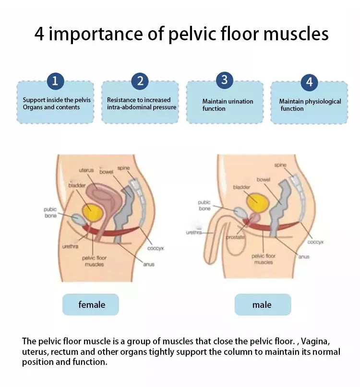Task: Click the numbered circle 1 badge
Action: (x=55, y=81)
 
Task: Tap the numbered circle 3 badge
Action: (x=224, y=80)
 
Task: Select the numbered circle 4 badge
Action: (x=309, y=82)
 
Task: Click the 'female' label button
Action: (x=91, y=305)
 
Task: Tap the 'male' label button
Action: (x=263, y=305)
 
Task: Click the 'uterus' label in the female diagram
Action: (x=86, y=170)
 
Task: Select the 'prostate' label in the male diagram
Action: (x=235, y=237)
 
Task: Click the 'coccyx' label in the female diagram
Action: (x=156, y=248)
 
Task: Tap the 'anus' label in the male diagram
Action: (x=304, y=257)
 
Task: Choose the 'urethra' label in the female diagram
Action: (x=70, y=246)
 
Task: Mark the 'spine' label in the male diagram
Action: (x=280, y=165)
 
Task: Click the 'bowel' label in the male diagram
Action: (x=264, y=179)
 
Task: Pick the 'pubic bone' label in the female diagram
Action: (x=50, y=212)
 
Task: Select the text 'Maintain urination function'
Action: (x=228, y=105)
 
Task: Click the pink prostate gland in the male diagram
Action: (x=254, y=218)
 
